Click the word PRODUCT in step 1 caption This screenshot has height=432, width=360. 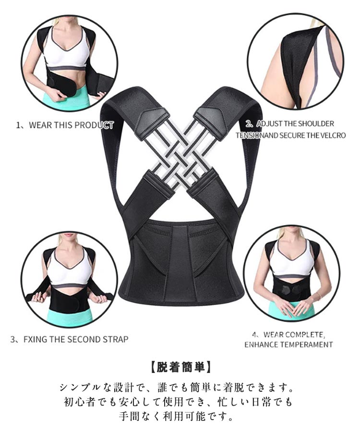(x=94, y=125)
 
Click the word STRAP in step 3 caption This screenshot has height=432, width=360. (x=115, y=339)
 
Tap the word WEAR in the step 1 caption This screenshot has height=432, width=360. (x=40, y=125)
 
